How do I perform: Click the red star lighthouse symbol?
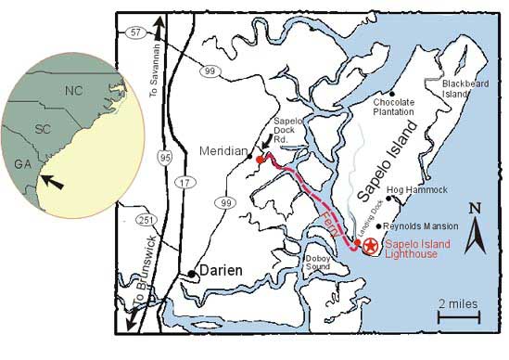click(370, 246)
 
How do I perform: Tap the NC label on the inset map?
click(73, 91)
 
